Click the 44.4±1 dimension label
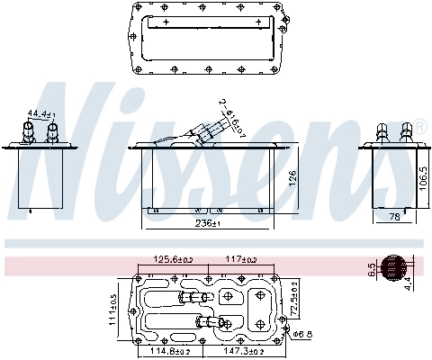41,114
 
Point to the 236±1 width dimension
209,222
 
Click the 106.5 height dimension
422,176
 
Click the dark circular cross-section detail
393,267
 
